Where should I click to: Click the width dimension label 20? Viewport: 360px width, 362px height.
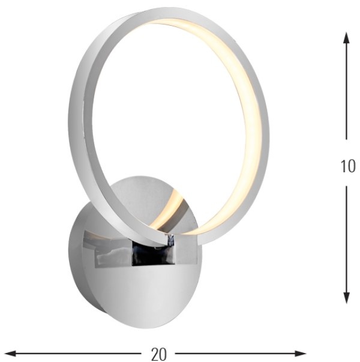[x=159, y=354]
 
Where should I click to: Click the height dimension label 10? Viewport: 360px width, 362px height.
[x=348, y=166]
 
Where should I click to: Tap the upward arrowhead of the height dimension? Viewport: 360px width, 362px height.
[x=346, y=38]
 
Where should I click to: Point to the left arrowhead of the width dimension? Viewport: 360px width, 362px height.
[x=10, y=354]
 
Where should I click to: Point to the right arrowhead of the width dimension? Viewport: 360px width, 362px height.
[x=300, y=354]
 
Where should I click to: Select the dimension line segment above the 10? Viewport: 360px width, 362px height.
[x=346, y=86]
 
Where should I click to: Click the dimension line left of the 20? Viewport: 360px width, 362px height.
[x=73, y=354]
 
